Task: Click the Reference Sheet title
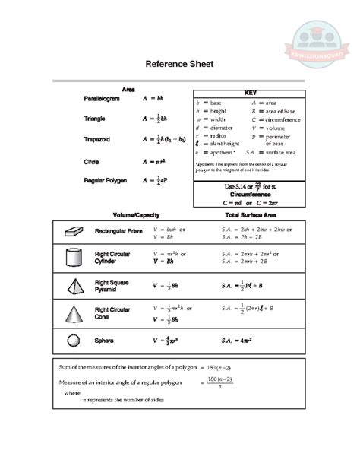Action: coord(179,65)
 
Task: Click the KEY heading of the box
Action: coord(250,92)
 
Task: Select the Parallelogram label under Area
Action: coord(101,99)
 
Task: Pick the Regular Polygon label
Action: coord(105,181)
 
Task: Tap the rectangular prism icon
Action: coord(74,230)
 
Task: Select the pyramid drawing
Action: coord(74,285)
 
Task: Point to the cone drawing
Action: coord(74,312)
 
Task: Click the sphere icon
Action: coord(74,341)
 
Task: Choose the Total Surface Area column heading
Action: coord(251,215)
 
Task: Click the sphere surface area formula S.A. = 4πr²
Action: coord(242,341)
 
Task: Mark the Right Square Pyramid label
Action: coord(112,285)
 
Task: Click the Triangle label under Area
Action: coord(95,119)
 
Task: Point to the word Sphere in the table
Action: coord(104,341)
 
